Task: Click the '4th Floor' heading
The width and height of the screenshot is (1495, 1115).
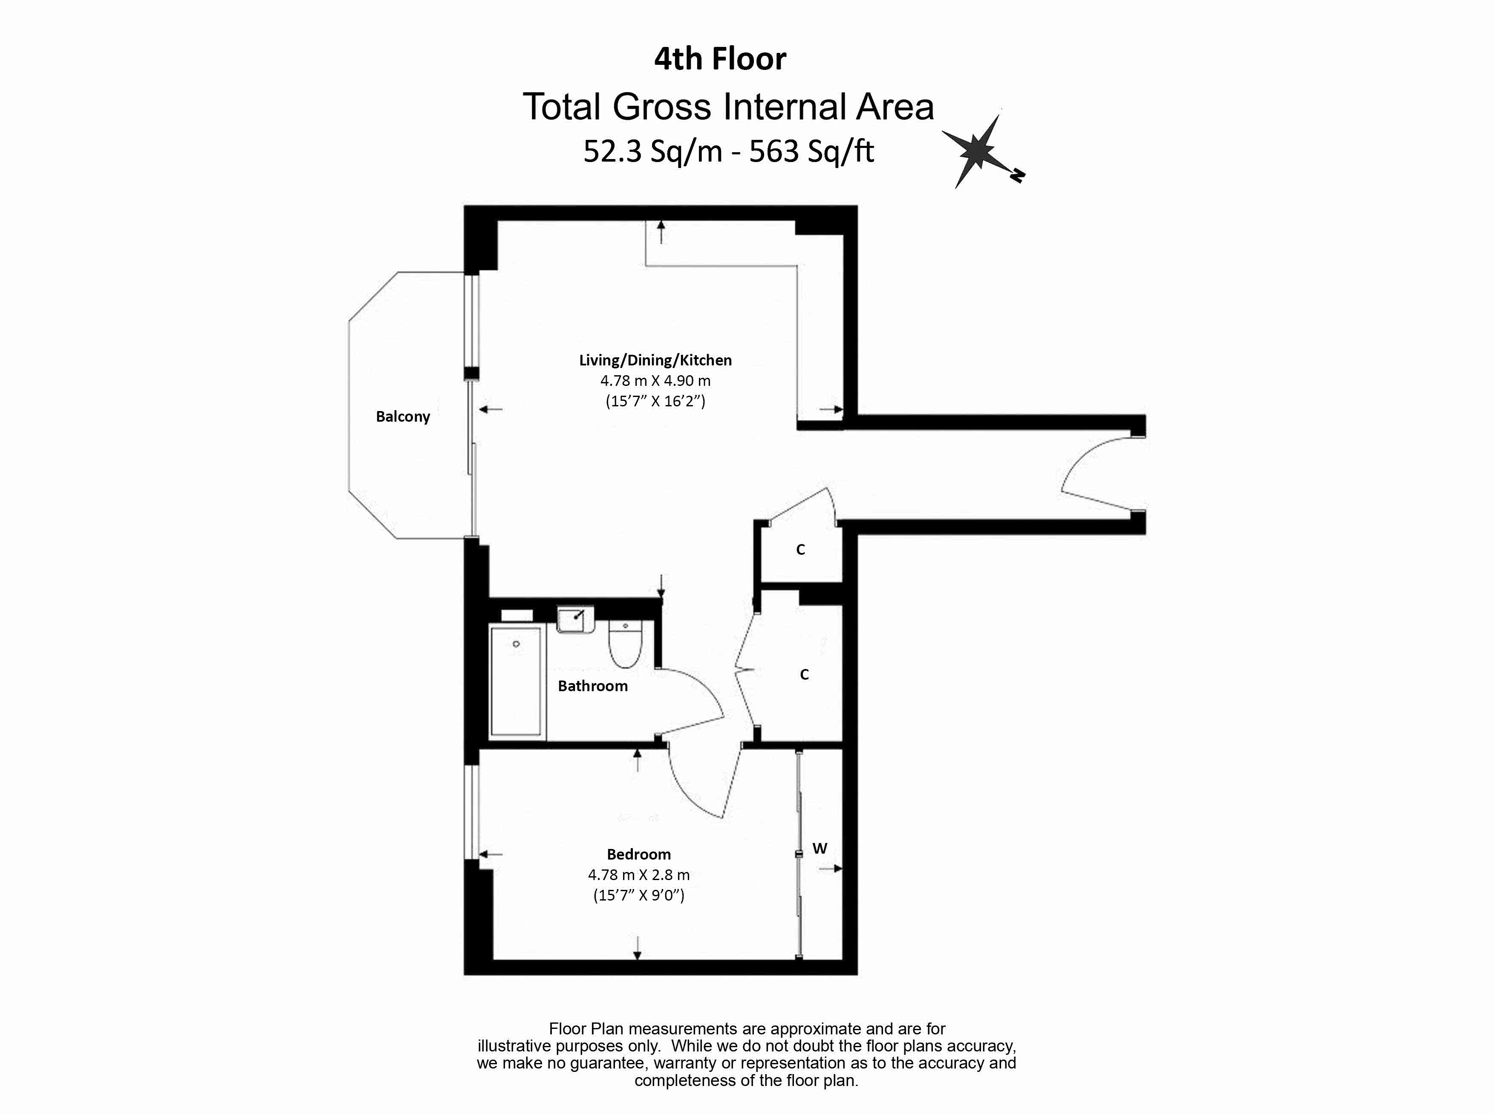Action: click(x=720, y=59)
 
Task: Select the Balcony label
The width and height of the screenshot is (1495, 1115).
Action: click(x=403, y=417)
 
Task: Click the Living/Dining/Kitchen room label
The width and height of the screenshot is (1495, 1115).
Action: click(x=655, y=360)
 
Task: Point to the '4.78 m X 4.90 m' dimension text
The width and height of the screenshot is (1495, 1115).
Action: click(x=655, y=381)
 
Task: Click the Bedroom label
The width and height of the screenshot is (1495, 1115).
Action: click(x=639, y=854)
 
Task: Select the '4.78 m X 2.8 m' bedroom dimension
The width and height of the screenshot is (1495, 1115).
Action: click(x=639, y=875)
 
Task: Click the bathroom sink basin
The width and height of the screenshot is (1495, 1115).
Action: click(x=575, y=619)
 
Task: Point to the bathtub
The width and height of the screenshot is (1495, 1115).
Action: click(x=516, y=681)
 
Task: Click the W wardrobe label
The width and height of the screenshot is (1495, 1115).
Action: click(x=820, y=849)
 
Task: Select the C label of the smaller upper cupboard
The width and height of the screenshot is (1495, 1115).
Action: click(x=801, y=550)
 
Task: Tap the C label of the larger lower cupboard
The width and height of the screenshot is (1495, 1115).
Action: click(x=804, y=674)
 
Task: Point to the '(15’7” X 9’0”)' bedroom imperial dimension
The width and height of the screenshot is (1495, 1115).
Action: click(x=639, y=896)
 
